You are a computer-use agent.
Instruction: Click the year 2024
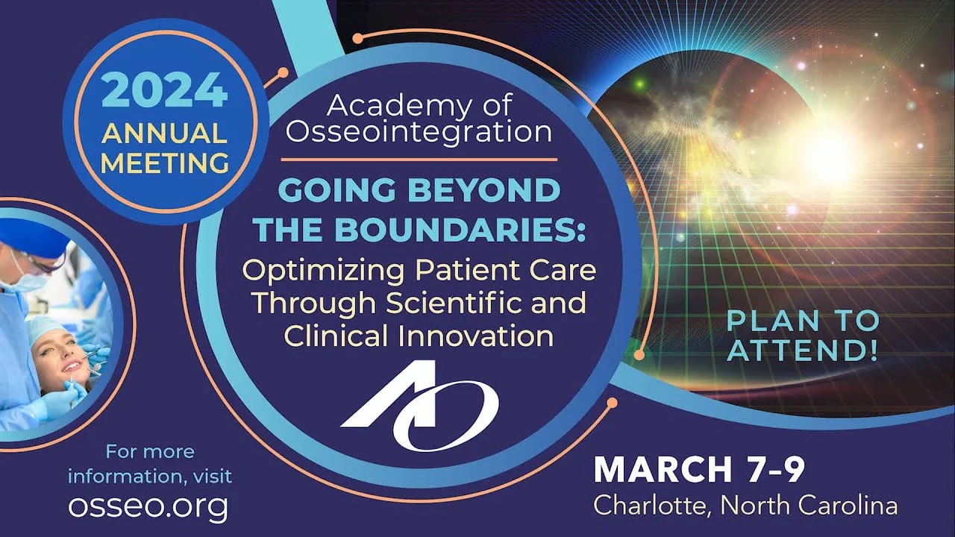[x=164, y=90]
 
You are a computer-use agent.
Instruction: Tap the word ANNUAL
[x=164, y=134]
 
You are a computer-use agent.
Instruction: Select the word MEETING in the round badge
[x=165, y=163]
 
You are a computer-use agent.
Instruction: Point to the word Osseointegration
[x=419, y=132]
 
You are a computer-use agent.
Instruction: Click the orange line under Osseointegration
[x=419, y=160]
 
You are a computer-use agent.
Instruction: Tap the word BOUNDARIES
[x=460, y=230]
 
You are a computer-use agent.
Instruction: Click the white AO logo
[x=420, y=406]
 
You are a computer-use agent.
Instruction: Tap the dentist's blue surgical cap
[x=32, y=238]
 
